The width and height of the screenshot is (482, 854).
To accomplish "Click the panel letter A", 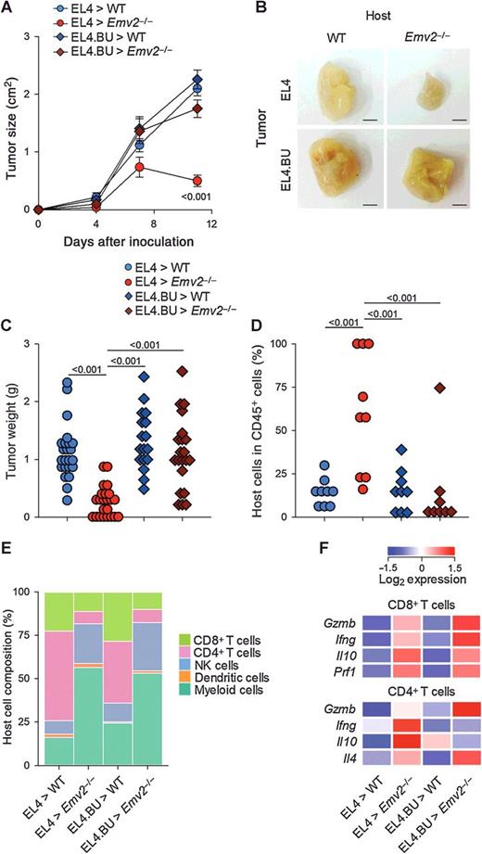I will coord(7,7).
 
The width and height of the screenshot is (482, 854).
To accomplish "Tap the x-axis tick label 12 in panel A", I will coord(211,225).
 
